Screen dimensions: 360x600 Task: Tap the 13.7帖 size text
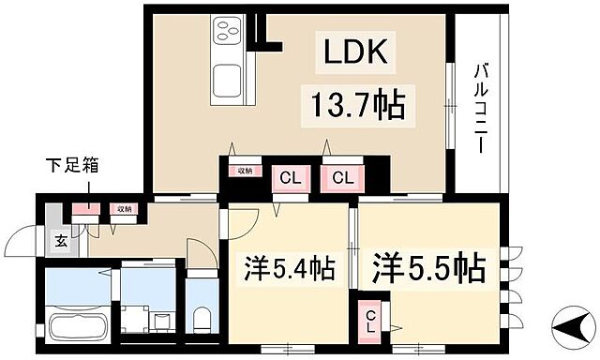(x=352, y=105)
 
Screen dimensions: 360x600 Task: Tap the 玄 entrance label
(x=59, y=241)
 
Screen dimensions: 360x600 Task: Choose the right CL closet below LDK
(x=340, y=177)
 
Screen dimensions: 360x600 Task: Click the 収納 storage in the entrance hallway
(x=122, y=209)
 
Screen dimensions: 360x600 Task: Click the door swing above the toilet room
(x=201, y=255)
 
